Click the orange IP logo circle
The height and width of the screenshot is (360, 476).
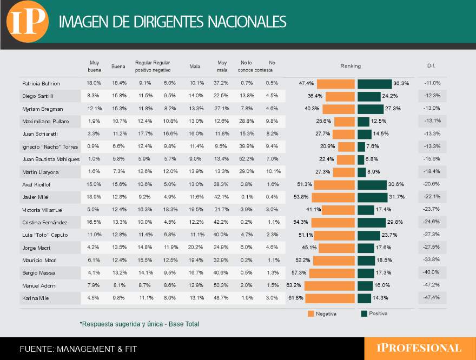pos(28,22)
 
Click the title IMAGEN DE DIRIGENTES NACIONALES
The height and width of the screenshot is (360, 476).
pos(173,22)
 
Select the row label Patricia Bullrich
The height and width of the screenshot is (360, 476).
pos(41,83)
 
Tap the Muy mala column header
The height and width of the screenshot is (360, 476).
pos(222,66)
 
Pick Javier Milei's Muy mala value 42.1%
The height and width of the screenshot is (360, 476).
pos(221,197)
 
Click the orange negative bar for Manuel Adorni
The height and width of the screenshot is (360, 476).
pos(329,286)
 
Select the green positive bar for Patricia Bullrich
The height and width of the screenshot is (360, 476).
pos(375,84)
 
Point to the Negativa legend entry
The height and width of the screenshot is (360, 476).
pos(322,314)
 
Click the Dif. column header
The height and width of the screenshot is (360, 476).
pos(431,65)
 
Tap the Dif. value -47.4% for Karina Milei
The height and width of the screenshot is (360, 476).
pos(431,297)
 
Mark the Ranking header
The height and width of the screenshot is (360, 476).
pos(351,66)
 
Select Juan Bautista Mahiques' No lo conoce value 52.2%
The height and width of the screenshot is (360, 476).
pos(247,158)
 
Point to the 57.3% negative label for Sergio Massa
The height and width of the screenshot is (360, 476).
pos(299,272)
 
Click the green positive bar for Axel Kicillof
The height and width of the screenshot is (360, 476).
pos(372,185)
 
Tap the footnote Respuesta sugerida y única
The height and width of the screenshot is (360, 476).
pos(140,324)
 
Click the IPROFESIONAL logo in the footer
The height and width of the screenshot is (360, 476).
pos(419,348)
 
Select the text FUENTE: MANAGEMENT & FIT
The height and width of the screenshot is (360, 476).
pos(78,349)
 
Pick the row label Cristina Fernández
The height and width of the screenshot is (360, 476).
pos(44,222)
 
